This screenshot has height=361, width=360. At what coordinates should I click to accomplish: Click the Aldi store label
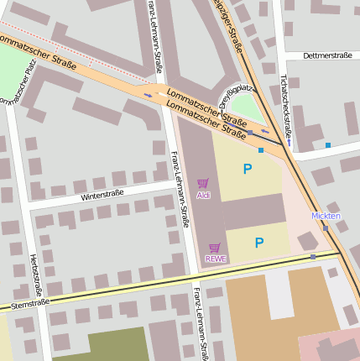coord(203,195)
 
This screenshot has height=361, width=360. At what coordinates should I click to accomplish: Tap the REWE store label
coord(216,259)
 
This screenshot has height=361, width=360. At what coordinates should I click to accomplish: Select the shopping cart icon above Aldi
coord(202,182)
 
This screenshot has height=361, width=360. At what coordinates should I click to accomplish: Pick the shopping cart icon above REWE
coord(215,247)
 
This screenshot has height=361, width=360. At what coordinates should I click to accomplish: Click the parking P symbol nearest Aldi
coord(247,169)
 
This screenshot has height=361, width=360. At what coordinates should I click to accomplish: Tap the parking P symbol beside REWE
coord(259,243)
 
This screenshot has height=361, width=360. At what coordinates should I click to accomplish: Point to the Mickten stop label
coord(326,216)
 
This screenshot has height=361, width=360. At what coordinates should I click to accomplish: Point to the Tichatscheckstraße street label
coord(286,108)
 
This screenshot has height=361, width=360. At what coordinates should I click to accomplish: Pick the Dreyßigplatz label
coord(236,95)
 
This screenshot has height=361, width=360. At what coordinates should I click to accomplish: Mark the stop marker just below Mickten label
coord(326,228)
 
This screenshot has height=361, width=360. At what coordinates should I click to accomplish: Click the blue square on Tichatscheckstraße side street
coord(328,145)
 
